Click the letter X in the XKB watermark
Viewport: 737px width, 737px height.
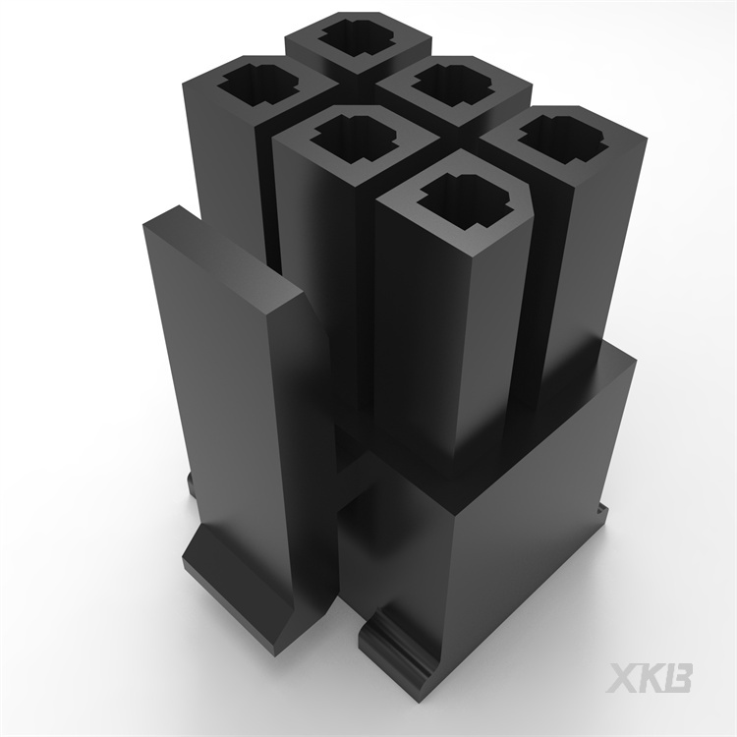pos(625,678)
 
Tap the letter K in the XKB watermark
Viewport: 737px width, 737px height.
pos(652,678)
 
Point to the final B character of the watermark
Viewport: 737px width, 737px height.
pos(679,678)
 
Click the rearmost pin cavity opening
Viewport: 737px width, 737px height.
pos(358,35)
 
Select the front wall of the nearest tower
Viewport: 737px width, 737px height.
pos(418,334)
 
